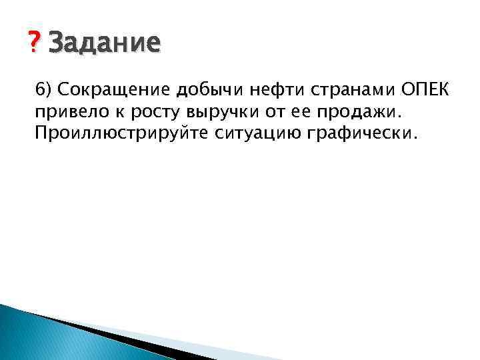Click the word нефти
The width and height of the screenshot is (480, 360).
pyautogui.click(x=256, y=90)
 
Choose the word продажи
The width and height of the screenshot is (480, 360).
pyautogui.click(x=348, y=111)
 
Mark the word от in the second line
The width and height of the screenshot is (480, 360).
pyautogui.click(x=267, y=111)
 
